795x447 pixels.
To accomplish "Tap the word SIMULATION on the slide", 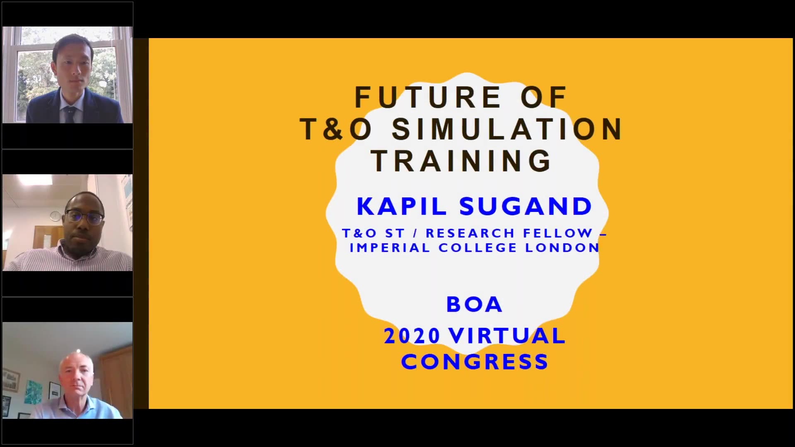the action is coord(508,129).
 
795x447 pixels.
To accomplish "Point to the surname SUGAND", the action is coord(526,206).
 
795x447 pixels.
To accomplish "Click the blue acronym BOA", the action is coord(474,305).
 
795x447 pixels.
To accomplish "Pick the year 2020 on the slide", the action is coord(412,336).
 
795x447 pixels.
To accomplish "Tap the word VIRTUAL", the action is coord(508,336).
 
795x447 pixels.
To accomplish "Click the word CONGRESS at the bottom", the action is coord(475,362).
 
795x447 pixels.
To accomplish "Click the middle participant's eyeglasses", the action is coord(84,217).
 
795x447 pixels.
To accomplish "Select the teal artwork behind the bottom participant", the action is coord(34,392).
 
